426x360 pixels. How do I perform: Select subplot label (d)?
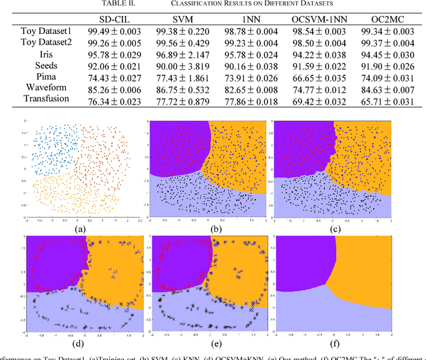pyautogui.click(x=80, y=343)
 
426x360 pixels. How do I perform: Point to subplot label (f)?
pyautogui.click(x=339, y=343)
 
